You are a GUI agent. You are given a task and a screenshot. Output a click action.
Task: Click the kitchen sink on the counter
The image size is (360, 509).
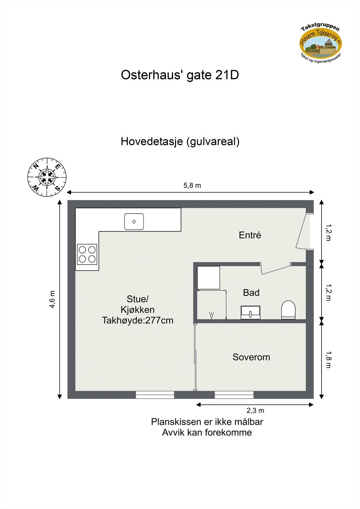(x=134, y=222)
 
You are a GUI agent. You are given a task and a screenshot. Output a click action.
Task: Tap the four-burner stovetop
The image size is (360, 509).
(x=87, y=254)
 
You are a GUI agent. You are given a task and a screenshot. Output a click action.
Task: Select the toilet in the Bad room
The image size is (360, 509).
(x=288, y=310)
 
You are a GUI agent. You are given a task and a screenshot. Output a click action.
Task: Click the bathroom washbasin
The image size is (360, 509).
(x=250, y=312)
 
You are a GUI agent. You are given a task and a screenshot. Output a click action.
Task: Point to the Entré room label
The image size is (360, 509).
(x=250, y=235)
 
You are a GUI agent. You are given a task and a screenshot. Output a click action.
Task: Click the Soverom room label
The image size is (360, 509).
(x=251, y=357)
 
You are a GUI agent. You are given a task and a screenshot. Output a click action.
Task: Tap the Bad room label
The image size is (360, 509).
(x=251, y=293)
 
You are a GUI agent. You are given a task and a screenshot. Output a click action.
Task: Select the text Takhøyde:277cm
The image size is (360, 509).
(x=138, y=320)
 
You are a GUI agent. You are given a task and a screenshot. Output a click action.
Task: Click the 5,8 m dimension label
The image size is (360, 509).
(x=192, y=185)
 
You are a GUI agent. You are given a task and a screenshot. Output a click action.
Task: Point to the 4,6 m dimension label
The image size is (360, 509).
(x=52, y=299)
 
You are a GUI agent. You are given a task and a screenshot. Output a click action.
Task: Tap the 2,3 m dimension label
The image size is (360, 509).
(x=255, y=410)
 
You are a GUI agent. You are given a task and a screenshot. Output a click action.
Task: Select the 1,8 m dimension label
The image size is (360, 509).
(x=328, y=359)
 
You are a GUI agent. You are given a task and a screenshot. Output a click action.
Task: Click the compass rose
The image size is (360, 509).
(x=47, y=177)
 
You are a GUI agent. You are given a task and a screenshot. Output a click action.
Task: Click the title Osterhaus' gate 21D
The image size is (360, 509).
(x=180, y=75)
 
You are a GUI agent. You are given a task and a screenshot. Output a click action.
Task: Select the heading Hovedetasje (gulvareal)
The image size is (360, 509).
(x=180, y=141)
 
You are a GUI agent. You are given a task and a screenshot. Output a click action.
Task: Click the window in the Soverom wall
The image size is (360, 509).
(x=234, y=395)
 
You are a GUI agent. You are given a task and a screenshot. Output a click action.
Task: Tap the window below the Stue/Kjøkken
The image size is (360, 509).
(x=155, y=395)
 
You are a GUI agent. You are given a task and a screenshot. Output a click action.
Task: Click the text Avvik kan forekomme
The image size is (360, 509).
(x=207, y=433)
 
